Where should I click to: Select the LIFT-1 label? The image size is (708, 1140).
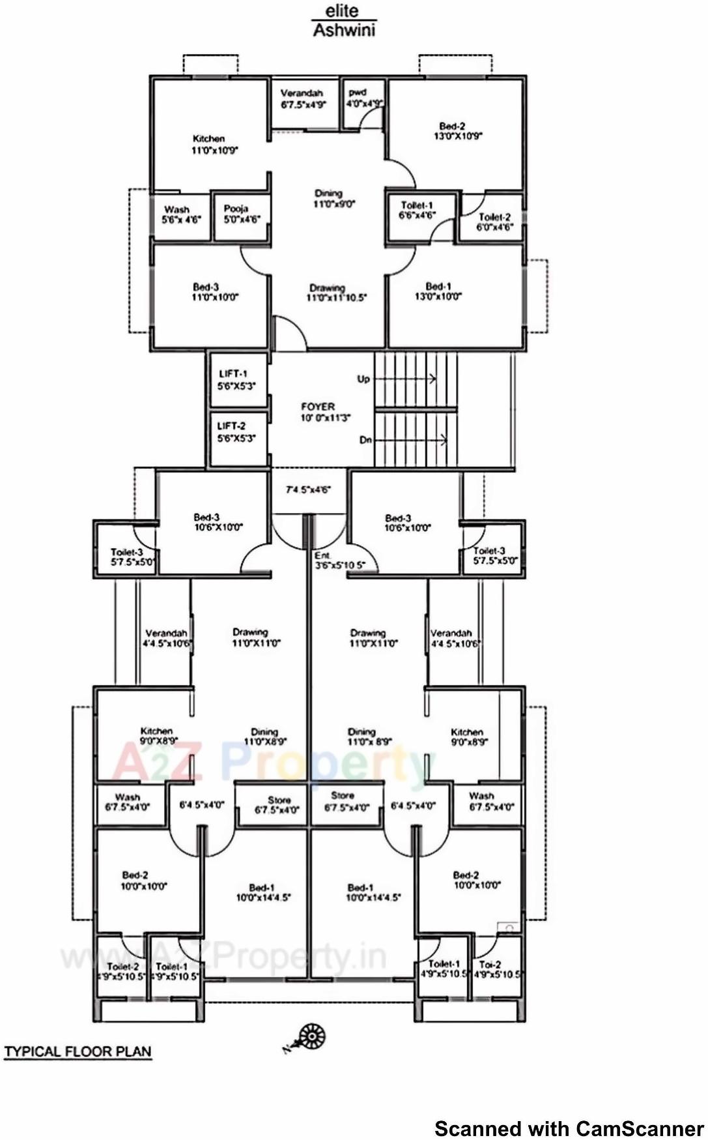pos(236,379)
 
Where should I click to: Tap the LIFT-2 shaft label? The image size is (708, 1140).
pos(236,431)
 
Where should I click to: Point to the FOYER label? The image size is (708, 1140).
pos(322,411)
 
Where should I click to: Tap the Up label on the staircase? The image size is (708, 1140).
pos(363,379)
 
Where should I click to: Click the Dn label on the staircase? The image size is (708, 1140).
pos(365,440)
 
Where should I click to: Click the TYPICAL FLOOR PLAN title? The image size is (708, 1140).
pos(78,1051)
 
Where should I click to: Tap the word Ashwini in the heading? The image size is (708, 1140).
pos(344,30)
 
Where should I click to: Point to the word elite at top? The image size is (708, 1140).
pos(342,11)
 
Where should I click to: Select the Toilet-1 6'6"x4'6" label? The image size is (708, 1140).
pos(417,210)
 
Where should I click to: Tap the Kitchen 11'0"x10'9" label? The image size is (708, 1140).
pos(214,144)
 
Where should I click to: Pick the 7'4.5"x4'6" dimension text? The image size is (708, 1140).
pos(309,490)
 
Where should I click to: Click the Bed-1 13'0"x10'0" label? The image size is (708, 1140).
pos(438,291)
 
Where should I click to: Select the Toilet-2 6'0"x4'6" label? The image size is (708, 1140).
pos(495,222)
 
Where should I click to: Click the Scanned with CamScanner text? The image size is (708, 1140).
pos(568,1128)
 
